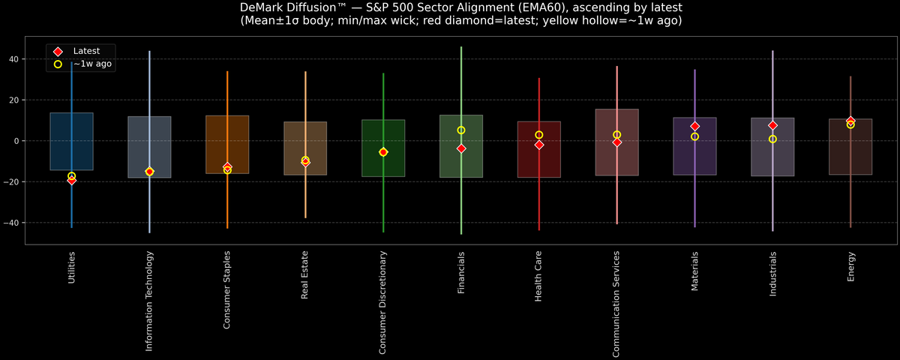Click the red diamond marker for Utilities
[71, 180]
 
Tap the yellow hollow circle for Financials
[461, 130]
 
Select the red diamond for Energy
[850, 121]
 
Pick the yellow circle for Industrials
[772, 139]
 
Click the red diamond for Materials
[694, 126]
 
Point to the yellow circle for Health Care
[539, 135]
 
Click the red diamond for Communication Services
[616, 142]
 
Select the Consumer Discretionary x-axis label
[383, 302]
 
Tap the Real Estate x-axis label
[305, 275]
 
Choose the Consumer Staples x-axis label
[227, 290]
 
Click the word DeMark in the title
[265, 7]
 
